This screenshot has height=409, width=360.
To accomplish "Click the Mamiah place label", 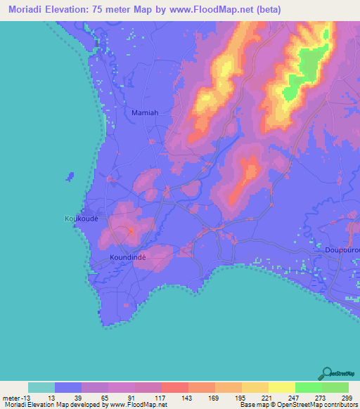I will (x=145, y=112).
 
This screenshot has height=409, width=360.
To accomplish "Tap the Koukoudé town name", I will (x=82, y=219).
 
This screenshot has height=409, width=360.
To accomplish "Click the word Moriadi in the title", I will (x=27, y=9).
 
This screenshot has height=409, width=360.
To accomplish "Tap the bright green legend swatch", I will (x=309, y=387).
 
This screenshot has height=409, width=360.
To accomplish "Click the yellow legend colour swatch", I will (x=282, y=387).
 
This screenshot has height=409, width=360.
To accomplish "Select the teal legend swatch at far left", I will (x=41, y=387).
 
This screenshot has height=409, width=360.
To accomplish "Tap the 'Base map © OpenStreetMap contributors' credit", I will (x=299, y=405).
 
